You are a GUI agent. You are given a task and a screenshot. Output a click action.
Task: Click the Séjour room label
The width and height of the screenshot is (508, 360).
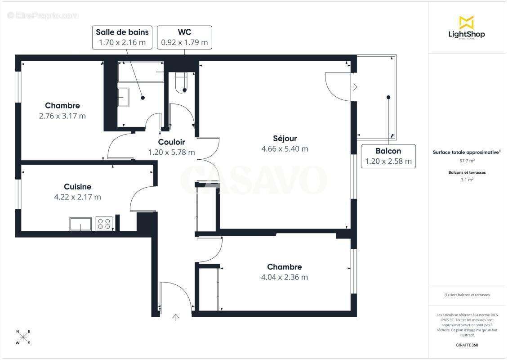coord(285,139)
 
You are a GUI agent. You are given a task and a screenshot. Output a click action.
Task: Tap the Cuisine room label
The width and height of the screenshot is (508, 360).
coord(77,187)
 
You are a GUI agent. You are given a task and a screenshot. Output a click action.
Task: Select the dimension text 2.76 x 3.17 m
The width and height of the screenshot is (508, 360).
coord(62,116)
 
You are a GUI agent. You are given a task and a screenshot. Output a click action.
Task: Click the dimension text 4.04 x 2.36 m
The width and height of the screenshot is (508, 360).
coord(284,277)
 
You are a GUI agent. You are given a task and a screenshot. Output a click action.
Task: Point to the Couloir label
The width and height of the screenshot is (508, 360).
coord(171,142)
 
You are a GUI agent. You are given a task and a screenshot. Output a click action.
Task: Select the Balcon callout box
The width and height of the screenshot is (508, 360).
coord(388,156)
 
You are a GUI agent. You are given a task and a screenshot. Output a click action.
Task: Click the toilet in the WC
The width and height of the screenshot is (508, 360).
coord(181,83)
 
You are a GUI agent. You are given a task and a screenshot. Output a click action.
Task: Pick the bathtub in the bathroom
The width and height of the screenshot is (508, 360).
coord(140,72)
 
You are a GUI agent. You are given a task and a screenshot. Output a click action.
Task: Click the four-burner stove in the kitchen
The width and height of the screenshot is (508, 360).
coord(104,224)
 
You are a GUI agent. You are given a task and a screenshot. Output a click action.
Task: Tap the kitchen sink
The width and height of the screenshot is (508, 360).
coord(80,224)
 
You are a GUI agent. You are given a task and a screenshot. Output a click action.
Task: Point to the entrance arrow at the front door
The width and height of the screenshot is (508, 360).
coord(176,318)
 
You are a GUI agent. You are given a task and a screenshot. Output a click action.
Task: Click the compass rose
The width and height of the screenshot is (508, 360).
coord(23,337)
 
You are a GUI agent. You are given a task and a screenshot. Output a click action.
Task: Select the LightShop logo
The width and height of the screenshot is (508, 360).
coord(467,27)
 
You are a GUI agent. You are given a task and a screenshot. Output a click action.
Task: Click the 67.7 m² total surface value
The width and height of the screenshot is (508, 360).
coord(467,160)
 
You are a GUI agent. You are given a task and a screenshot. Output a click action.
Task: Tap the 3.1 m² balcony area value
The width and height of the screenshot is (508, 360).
coord(467,180)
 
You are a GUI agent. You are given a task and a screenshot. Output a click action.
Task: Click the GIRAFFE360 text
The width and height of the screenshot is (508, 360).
coord(467,345)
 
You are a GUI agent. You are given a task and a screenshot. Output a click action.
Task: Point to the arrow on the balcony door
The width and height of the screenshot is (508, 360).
coord(354,87)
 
